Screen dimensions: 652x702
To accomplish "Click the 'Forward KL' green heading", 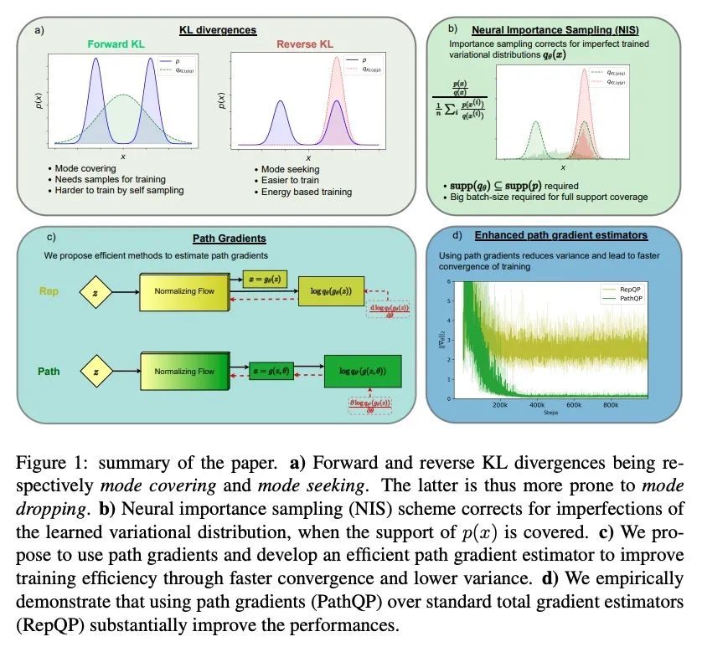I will point(121,44).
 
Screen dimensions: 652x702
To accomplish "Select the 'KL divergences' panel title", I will point(218,30).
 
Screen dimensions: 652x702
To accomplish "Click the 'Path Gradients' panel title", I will point(218,237).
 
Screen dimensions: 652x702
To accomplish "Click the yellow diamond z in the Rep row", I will point(97,293).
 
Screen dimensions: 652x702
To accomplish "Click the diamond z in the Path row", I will point(97,369).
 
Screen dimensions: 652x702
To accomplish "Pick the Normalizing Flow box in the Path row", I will point(183,369).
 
